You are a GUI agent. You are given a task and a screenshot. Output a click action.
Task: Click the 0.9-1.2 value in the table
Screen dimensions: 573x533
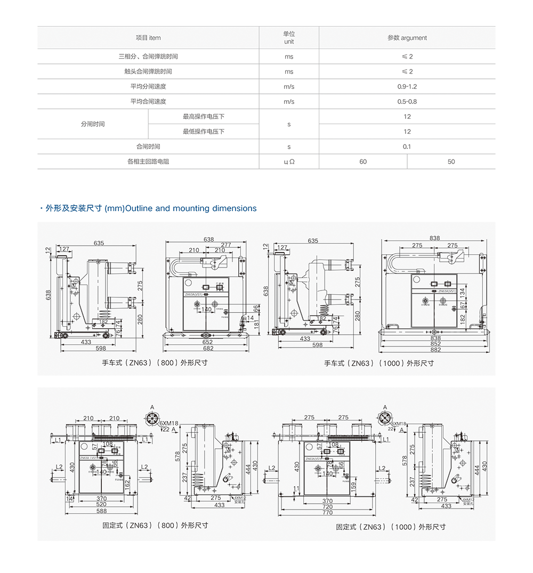tap(407, 86)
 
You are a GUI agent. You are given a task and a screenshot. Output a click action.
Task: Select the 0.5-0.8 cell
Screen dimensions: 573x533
tap(407, 101)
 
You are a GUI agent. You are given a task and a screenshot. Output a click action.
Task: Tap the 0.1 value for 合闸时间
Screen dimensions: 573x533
tap(407, 147)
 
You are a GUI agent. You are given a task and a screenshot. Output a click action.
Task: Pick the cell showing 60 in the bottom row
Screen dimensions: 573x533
tap(363, 162)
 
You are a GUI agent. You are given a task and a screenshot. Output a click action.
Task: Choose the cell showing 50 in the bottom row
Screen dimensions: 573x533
tap(451, 162)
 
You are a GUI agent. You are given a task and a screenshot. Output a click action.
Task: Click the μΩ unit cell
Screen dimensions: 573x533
tap(289, 162)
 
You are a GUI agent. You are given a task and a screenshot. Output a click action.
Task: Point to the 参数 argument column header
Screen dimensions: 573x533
tap(407, 38)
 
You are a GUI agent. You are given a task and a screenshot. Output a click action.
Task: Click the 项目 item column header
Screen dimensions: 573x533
tap(148, 38)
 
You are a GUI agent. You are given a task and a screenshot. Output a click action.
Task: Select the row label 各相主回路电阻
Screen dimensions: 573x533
tap(148, 162)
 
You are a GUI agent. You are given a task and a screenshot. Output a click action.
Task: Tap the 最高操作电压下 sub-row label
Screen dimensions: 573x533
tap(204, 116)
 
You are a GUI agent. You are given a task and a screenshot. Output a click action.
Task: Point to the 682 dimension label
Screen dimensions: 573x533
tap(208, 349)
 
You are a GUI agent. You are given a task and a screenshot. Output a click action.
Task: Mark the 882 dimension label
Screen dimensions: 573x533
tap(435, 350)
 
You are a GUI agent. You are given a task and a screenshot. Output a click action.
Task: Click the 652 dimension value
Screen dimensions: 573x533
tap(207, 342)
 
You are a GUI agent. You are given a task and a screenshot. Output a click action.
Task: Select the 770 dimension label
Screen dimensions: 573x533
tap(327, 513)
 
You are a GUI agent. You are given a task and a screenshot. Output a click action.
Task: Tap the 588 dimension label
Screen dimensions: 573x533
tap(101, 511)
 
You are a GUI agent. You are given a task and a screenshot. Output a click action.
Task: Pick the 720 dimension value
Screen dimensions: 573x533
tap(327, 507)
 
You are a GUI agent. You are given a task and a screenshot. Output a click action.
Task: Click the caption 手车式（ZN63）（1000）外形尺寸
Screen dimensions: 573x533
tap(379, 363)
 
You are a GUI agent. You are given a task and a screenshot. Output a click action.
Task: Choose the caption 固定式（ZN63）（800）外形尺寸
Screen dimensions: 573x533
tap(155, 525)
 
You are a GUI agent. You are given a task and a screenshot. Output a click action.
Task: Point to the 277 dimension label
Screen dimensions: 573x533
tap(227, 245)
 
